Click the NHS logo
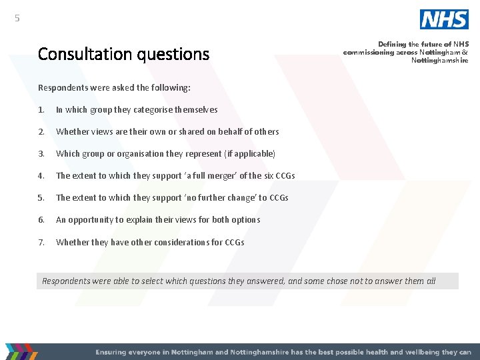coord(444,19)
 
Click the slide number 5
coord(17,19)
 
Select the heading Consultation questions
coord(123,54)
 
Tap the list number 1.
coord(41,110)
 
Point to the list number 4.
coord(41,176)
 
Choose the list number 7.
coord(41,242)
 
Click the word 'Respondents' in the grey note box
coord(67,281)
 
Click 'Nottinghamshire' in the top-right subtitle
coord(439,60)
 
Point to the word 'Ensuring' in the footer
coord(113,351)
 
